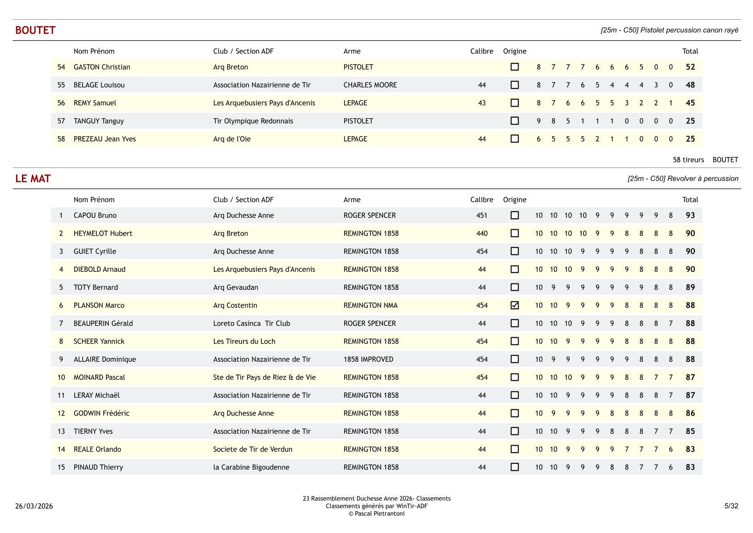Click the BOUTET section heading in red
[35, 30]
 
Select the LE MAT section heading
[33, 178]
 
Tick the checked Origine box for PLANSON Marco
[515, 305]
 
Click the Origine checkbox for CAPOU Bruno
[515, 215]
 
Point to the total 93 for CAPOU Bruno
[690, 215]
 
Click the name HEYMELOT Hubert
[103, 233]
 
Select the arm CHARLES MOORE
[370, 85]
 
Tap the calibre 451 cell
[481, 215]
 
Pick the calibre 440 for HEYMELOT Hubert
[481, 233]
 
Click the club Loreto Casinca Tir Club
[251, 323]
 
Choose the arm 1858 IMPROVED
[368, 359]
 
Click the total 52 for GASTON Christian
[690, 67]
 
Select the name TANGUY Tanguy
[99, 121]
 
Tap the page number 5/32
[731, 506]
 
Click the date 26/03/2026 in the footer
[34, 506]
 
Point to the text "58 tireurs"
[688, 160]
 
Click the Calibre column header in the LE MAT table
[481, 200]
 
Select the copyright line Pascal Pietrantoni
[377, 514]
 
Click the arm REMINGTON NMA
[370, 305]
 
